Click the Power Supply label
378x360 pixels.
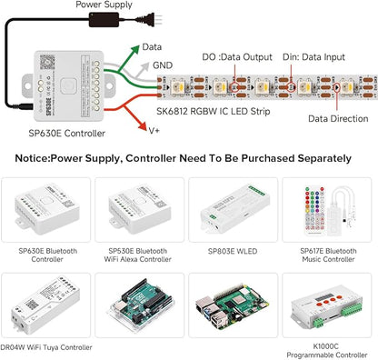104,5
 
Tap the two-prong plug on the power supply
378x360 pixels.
156,19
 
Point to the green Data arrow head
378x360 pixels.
134,50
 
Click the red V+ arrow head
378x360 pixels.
143,126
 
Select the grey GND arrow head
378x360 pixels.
144,67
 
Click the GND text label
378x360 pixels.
163,65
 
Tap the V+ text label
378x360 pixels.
154,131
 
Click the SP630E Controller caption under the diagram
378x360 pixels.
67,133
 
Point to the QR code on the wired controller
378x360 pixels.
47,62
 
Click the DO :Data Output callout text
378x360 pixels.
237,57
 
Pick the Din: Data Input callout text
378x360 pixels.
313,57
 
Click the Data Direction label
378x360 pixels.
338,118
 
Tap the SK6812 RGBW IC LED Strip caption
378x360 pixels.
214,111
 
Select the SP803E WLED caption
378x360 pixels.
233,251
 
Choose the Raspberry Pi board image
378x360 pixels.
233,306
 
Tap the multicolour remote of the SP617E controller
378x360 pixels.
314,211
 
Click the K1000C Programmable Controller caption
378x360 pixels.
327,350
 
